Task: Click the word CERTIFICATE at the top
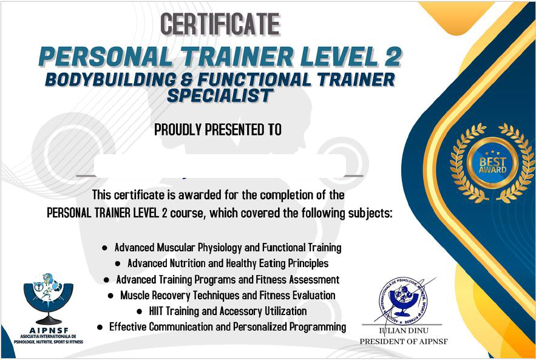pyautogui.click(x=220, y=25)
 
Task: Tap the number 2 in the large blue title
pyautogui.click(x=392, y=56)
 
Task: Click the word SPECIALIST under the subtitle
pyautogui.click(x=220, y=95)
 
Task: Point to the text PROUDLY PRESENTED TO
pyautogui.click(x=218, y=129)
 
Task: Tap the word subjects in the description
pyautogui.click(x=370, y=214)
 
